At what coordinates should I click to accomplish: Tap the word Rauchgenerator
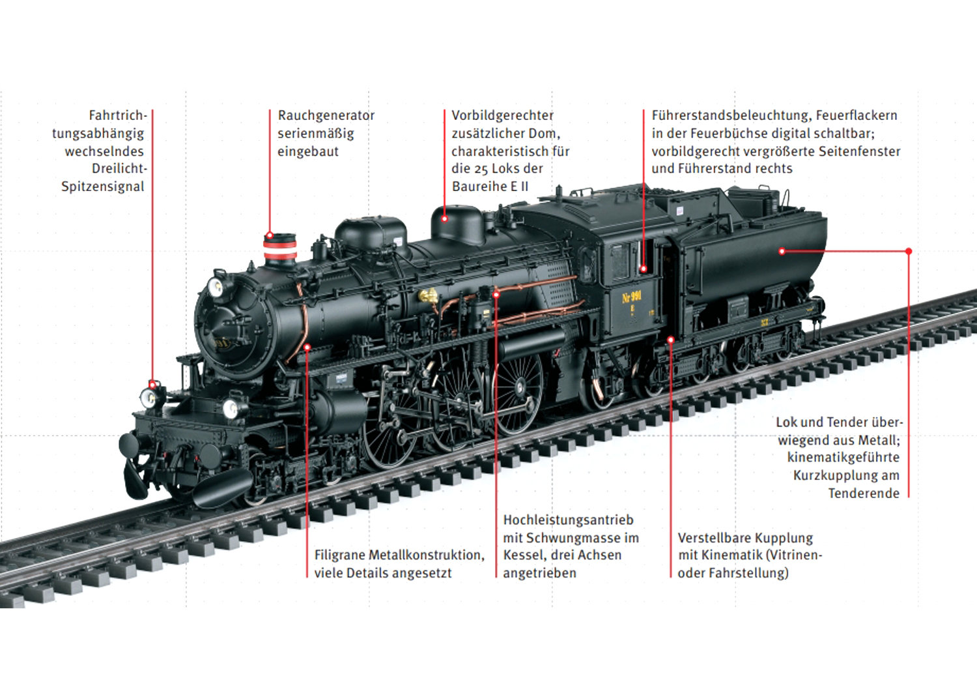(326, 115)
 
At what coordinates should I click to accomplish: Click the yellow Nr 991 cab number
(632, 297)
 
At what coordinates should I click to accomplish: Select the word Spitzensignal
(102, 186)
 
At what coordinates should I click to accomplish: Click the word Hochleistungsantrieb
(567, 520)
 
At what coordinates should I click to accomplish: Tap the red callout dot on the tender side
(782, 251)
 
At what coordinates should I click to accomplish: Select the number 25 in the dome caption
(481, 169)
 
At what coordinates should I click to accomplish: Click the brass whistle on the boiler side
(428, 296)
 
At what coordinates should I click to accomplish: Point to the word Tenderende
(863, 494)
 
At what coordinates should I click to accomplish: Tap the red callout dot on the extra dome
(445, 219)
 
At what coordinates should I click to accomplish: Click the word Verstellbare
(714, 538)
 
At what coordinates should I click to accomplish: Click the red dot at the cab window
(644, 269)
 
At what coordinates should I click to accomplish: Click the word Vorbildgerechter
(502, 115)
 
